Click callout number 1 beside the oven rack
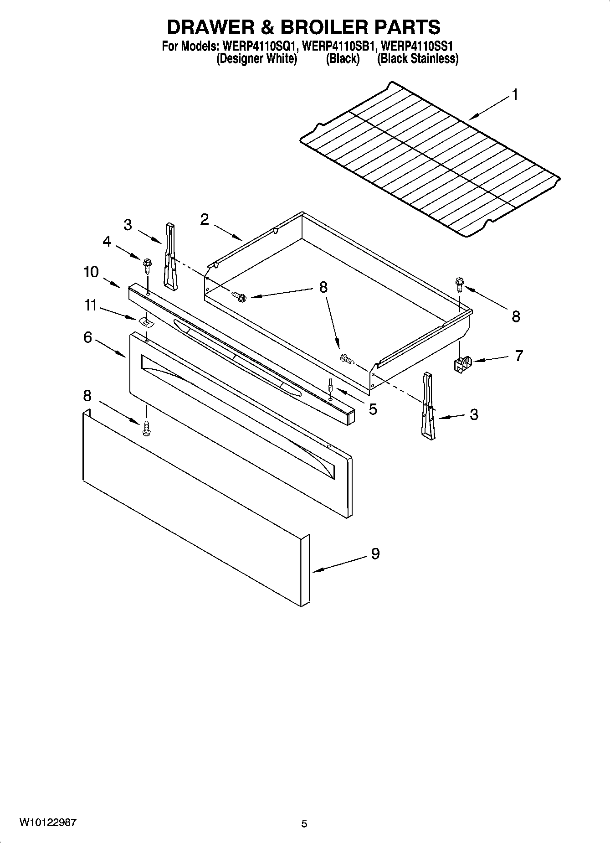point(514,95)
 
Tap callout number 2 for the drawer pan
point(204,220)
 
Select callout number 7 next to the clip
point(518,356)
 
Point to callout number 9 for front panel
point(375,553)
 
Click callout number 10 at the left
point(91,272)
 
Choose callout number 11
point(91,305)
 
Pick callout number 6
point(87,337)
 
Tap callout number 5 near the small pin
point(373,409)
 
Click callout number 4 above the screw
point(107,242)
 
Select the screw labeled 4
point(147,264)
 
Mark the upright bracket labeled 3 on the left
point(170,256)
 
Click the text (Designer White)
point(256,59)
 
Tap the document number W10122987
point(48,823)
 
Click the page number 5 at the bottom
point(304,824)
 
